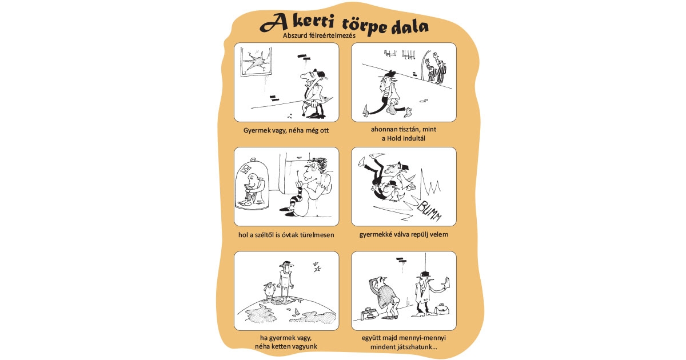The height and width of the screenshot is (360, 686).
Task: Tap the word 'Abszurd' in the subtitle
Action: click(297, 35)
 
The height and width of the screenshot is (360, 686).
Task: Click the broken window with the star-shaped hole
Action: click(256, 61)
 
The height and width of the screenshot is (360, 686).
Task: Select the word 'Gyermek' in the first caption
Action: click(258, 130)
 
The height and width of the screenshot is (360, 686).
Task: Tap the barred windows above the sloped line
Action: click(400, 54)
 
